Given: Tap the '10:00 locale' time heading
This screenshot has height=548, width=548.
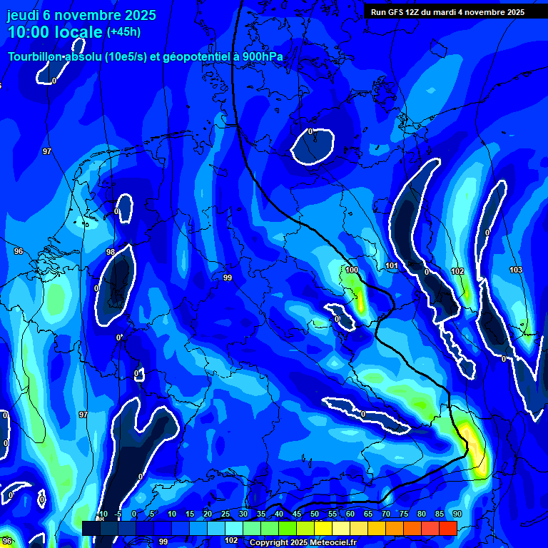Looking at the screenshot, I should point(55,33).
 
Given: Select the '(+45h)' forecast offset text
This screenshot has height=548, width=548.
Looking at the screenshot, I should point(123,32).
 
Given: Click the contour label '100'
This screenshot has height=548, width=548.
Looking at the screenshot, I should point(352,270).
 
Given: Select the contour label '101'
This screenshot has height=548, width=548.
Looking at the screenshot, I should point(392,266).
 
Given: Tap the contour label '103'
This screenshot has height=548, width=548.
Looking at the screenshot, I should point(516,270).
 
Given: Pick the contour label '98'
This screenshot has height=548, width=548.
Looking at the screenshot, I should point(110,252).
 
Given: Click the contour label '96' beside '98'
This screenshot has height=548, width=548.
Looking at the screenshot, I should point(19,251).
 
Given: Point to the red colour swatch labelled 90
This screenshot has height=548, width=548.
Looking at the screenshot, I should point(448,528).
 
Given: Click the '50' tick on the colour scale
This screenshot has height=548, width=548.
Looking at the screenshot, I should point(314,514).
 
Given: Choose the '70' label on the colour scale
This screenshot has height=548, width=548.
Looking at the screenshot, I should point(386,514).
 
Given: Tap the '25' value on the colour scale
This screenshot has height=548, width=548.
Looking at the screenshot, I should point(225,514).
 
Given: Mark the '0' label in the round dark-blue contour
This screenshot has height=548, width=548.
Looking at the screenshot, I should point(310,131).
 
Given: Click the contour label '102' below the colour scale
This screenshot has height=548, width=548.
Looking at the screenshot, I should point(231,540).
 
